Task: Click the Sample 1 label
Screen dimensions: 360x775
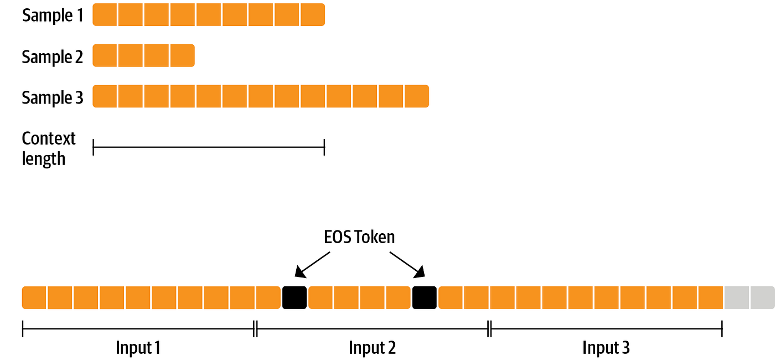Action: (x=53, y=15)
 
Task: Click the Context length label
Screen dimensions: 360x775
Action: (x=49, y=148)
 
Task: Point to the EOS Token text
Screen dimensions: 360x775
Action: (x=359, y=237)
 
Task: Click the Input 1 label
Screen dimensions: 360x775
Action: (x=138, y=348)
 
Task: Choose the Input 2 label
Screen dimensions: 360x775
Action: (x=372, y=348)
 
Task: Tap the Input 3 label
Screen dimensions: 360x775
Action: (x=606, y=348)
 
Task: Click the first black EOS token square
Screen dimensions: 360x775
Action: (x=294, y=297)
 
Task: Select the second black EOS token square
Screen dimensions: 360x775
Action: (x=425, y=297)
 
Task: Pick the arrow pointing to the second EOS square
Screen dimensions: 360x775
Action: (x=407, y=263)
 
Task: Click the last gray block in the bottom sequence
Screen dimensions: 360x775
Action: (x=762, y=297)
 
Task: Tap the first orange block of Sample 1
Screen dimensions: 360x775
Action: (x=105, y=14)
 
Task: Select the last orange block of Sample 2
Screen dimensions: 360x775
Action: (x=183, y=55)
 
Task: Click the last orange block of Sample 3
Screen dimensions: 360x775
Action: (x=417, y=96)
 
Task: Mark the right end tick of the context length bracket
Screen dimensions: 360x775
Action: (x=324, y=147)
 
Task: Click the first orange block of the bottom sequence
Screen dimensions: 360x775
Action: (x=34, y=297)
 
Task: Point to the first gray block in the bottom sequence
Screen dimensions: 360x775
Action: (x=736, y=297)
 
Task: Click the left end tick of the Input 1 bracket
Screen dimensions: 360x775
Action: (x=23, y=328)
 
